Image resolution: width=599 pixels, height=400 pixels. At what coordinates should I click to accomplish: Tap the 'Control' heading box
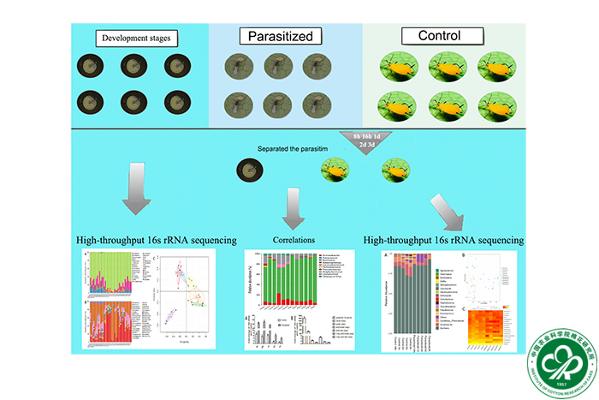438,37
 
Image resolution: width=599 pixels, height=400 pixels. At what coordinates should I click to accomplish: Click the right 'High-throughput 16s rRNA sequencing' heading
443,241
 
